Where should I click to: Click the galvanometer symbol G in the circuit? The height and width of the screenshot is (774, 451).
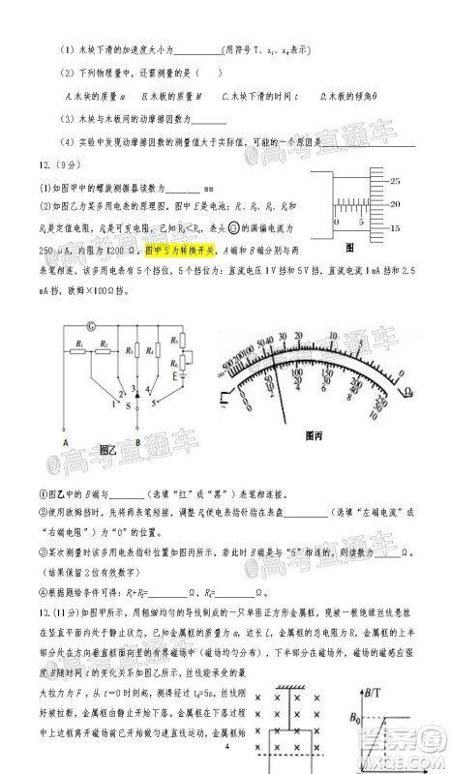[x=91, y=325]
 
